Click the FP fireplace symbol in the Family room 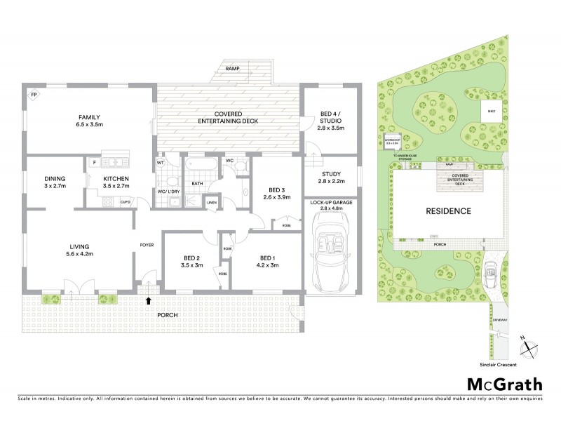[x=33, y=94]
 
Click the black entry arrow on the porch [x=148, y=302]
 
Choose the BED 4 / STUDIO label [x=327, y=121]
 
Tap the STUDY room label [x=330, y=178]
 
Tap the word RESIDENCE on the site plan [x=447, y=210]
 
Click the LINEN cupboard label [x=212, y=203]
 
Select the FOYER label [x=147, y=246]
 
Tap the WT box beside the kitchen [x=161, y=163]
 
